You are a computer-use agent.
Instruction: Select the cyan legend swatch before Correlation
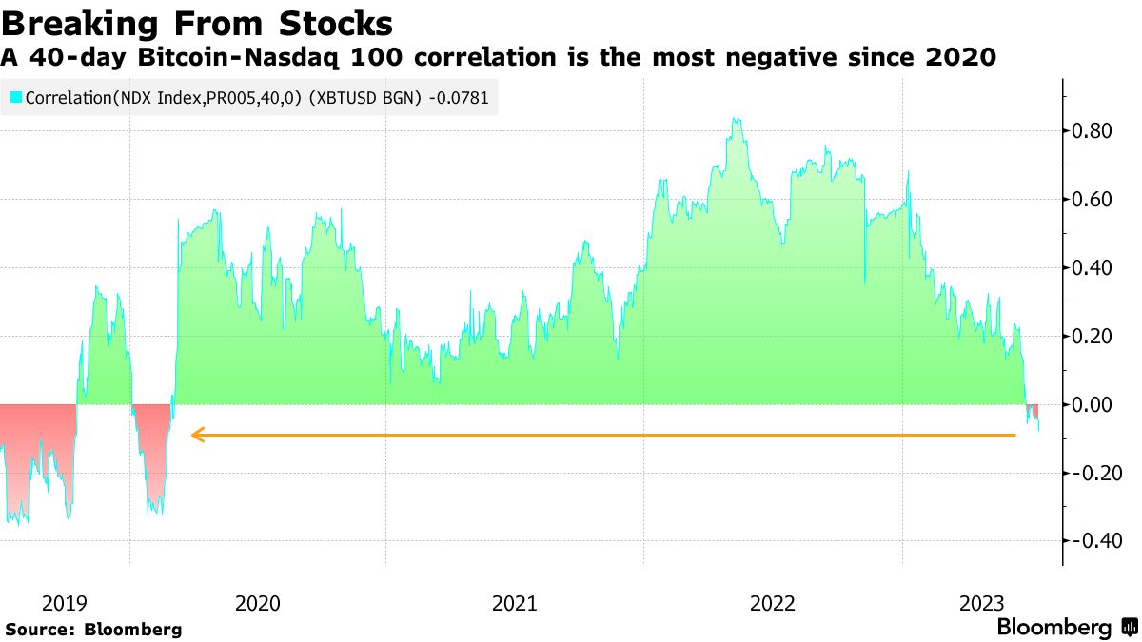(15, 97)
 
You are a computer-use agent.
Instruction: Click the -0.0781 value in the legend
(459, 97)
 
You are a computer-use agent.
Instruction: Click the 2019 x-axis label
(66, 603)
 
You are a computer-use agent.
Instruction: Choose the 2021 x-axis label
(515, 603)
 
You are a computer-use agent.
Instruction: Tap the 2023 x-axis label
(981, 603)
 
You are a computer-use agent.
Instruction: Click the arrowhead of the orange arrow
(196, 435)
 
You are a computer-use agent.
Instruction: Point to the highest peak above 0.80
(735, 120)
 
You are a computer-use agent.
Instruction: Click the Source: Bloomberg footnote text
(93, 630)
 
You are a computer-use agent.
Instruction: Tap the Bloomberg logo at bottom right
(1066, 628)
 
